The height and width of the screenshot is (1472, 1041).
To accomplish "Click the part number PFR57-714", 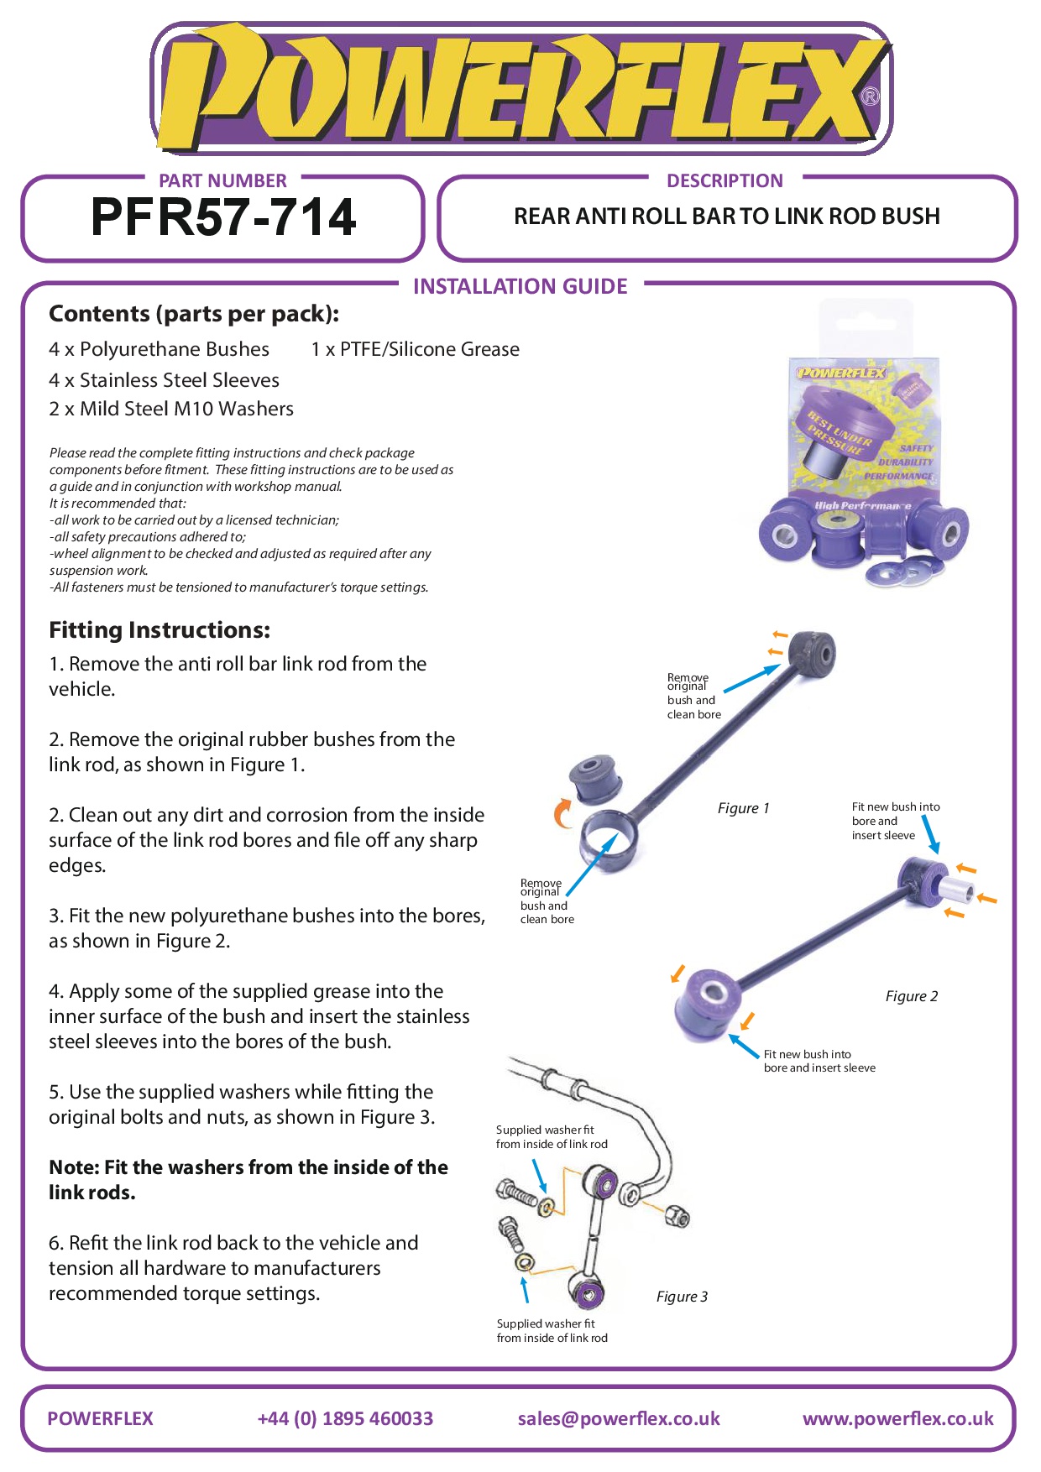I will click(223, 217).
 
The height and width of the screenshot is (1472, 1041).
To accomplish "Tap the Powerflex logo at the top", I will click(520, 88).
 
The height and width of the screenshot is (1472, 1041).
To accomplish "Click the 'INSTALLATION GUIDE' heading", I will click(520, 287).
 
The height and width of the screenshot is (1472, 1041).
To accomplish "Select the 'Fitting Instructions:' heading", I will click(160, 630).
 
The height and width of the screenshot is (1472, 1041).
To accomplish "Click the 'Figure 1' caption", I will click(743, 808).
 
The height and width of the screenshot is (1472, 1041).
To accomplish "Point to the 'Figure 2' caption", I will click(911, 996).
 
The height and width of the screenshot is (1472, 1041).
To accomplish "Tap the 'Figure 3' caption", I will click(682, 1297).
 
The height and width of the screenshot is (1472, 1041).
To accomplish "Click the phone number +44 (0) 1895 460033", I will click(345, 1418).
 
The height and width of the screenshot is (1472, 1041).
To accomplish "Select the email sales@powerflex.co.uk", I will click(619, 1418).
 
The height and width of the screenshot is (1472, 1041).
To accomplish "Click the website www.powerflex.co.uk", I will click(897, 1418).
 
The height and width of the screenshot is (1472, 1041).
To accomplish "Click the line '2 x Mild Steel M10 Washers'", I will click(171, 409).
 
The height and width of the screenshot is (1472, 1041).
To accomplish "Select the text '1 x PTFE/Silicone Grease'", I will click(415, 349).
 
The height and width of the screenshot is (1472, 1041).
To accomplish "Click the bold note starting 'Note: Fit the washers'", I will click(248, 1179).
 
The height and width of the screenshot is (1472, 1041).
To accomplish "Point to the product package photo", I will click(864, 453).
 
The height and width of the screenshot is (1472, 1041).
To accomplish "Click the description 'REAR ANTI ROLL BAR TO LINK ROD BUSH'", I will click(726, 217).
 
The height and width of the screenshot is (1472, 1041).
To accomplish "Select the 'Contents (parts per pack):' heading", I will click(194, 314).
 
